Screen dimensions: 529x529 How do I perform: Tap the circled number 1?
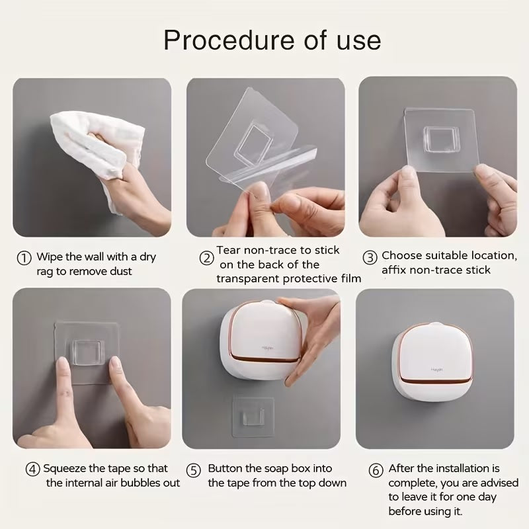click(24, 257)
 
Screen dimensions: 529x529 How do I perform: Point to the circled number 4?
click(32, 469)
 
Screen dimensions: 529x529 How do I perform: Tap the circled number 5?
click(193, 471)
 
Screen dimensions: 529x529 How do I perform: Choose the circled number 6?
click(376, 471)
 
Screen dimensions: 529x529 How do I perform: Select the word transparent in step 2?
click(251, 278)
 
